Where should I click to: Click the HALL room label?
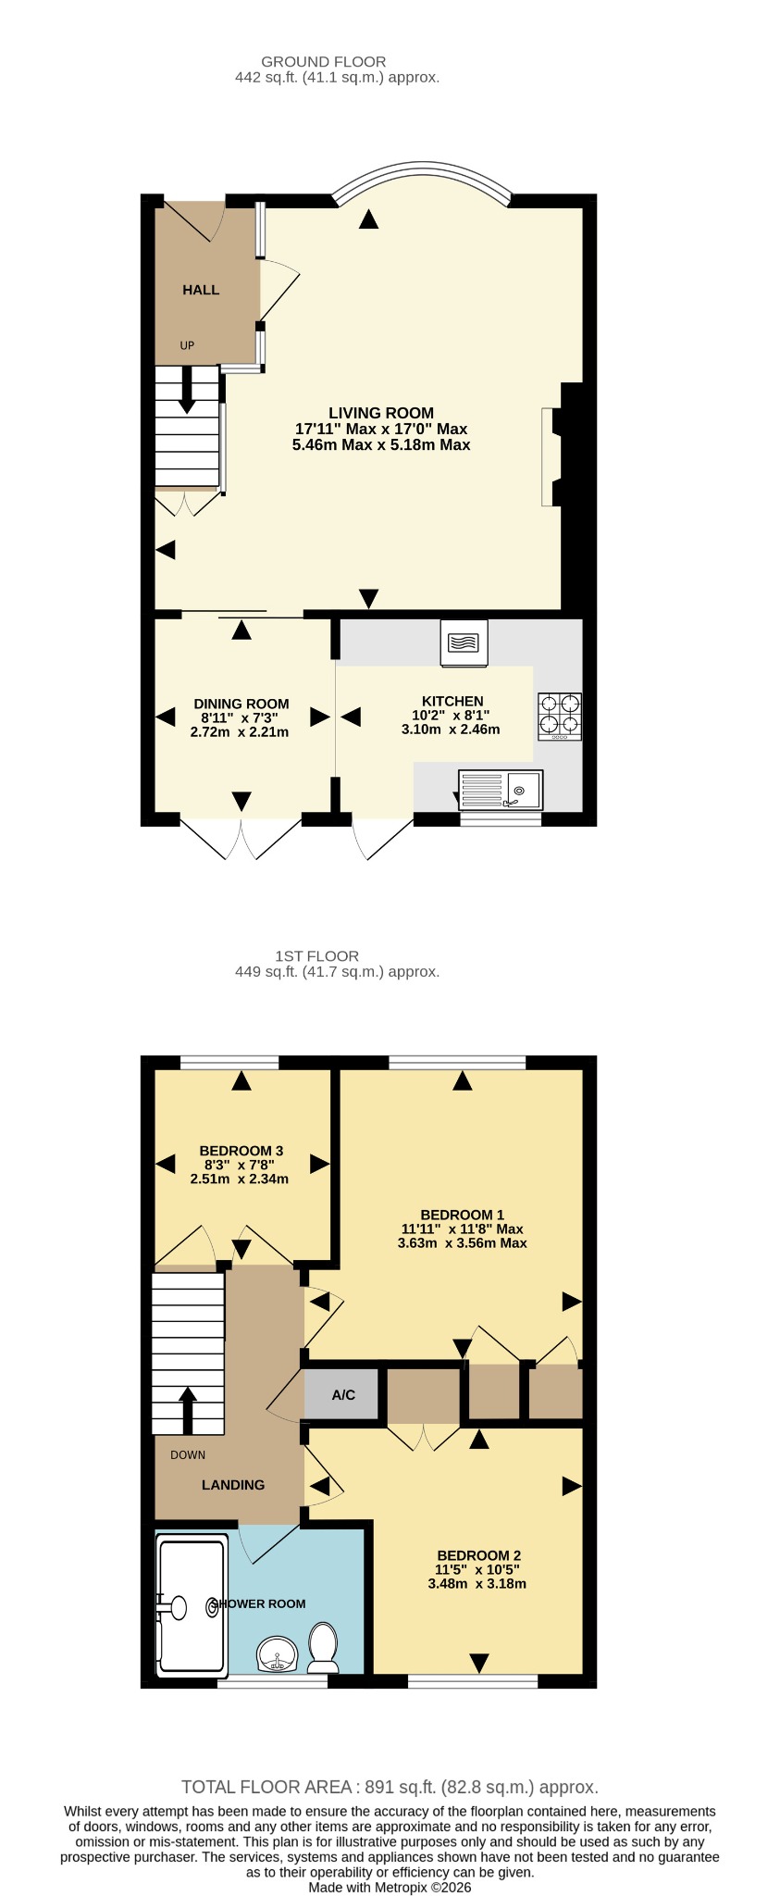(201, 290)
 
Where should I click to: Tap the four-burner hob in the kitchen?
(560, 717)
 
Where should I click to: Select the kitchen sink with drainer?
(501, 790)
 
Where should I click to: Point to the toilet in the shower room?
(323, 1647)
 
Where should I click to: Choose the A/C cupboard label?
(343, 1394)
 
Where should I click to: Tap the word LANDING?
(233, 1484)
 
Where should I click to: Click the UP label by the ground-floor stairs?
(187, 345)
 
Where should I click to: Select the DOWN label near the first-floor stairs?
(188, 1454)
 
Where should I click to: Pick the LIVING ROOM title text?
(381, 413)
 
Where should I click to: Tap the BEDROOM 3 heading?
(241, 1151)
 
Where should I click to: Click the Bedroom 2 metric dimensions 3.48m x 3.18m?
(477, 1583)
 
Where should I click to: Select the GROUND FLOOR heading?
(324, 62)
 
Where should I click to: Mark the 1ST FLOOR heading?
(317, 955)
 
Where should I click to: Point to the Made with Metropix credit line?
(390, 1887)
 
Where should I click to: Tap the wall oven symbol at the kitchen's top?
(464, 642)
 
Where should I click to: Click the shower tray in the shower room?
(192, 1606)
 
